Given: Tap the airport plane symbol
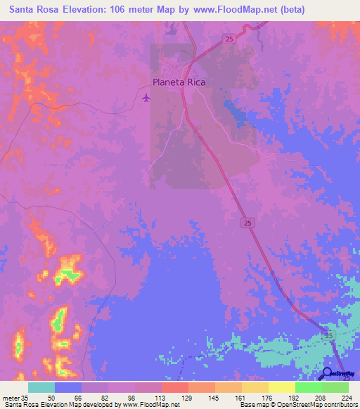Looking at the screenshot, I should pyautogui.click(x=146, y=97).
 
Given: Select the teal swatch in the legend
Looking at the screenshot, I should pyautogui.click(x=41, y=387).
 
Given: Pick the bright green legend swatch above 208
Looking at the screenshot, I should pyautogui.click(x=308, y=387).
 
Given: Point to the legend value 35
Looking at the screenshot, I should pyautogui.click(x=25, y=398).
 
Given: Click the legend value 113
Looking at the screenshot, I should pyautogui.click(x=148, y=398).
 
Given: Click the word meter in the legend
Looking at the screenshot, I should pyautogui.click(x=11, y=398).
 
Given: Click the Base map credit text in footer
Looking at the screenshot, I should pyautogui.click(x=258, y=405).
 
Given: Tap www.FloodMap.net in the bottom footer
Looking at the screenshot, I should pyautogui.click(x=150, y=405).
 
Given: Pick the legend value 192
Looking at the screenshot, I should pyautogui.click(x=281, y=398).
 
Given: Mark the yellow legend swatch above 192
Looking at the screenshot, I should pyautogui.click(x=281, y=387).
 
